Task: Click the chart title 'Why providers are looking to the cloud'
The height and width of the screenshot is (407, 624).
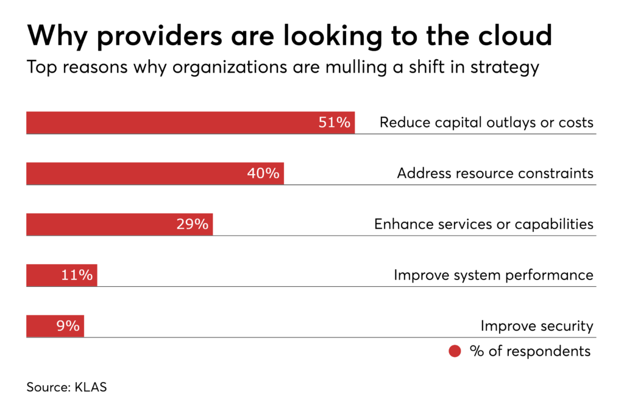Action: (289, 36)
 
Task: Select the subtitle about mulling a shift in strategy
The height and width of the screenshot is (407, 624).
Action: (283, 67)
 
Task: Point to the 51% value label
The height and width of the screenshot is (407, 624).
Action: (335, 123)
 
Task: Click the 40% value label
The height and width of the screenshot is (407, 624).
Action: (263, 173)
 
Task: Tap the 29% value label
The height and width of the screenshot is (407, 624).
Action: (193, 224)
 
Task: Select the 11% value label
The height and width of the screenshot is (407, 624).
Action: (77, 275)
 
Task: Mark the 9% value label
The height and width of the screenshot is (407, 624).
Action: (68, 326)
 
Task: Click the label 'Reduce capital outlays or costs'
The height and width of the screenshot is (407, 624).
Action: (486, 123)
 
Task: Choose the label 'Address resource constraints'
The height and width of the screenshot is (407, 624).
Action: (495, 173)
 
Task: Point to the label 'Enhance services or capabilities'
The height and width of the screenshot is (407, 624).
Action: (483, 224)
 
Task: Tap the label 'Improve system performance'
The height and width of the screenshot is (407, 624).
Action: (493, 275)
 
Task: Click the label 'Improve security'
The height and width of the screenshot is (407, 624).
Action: (536, 326)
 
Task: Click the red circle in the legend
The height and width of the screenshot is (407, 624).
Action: (455, 351)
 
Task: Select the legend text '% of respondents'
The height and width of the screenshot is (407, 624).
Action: (530, 351)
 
